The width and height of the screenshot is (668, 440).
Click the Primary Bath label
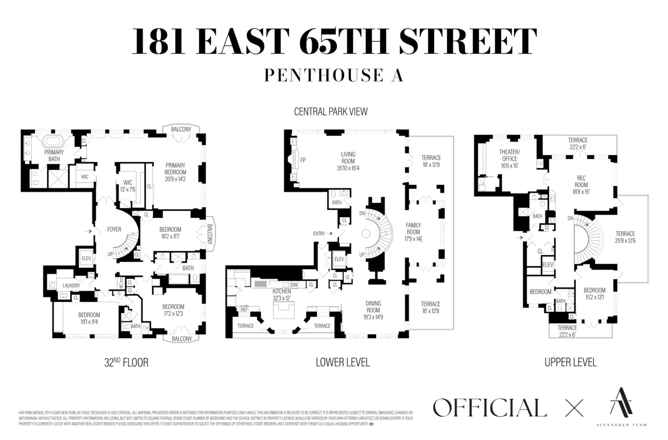(x=53, y=156)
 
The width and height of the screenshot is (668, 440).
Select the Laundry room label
(x=71, y=286)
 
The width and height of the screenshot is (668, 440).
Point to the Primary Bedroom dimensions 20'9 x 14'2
(x=179, y=179)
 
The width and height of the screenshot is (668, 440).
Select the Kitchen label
(x=282, y=291)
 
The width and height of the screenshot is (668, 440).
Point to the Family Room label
(x=414, y=228)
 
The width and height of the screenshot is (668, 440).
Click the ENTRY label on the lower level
(x=319, y=233)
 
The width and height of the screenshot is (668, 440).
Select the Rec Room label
(x=581, y=181)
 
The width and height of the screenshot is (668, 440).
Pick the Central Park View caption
(x=331, y=112)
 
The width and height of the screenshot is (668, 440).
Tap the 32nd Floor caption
(x=126, y=363)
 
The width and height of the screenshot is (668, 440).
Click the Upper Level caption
(x=570, y=363)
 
